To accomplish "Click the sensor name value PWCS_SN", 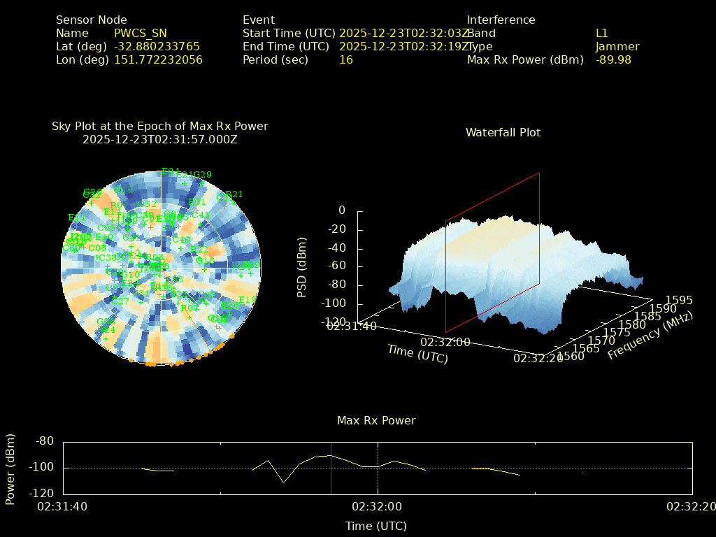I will coord(141,34).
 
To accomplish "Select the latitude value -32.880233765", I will coord(157,47).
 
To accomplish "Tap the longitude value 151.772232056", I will coord(159,60).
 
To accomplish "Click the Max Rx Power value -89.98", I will coord(613,60).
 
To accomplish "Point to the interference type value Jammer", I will coord(617,47).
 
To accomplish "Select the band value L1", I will coord(602,34).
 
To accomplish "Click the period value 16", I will coord(346,60).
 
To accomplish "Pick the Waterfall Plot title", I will coord(503,132).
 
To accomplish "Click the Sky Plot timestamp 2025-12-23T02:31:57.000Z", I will coord(160,139).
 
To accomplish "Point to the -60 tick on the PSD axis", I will coord(336,266).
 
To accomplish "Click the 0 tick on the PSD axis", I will coord(341,210).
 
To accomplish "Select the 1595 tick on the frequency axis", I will coord(679,300).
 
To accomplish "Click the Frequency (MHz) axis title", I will coord(650,336).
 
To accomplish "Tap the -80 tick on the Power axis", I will coord(45,441).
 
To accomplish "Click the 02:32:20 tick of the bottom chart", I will coord(690,506).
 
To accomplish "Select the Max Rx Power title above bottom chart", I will coord(376,421).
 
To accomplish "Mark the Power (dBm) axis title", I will coord(10,467).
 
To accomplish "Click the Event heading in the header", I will coord(259,20).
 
